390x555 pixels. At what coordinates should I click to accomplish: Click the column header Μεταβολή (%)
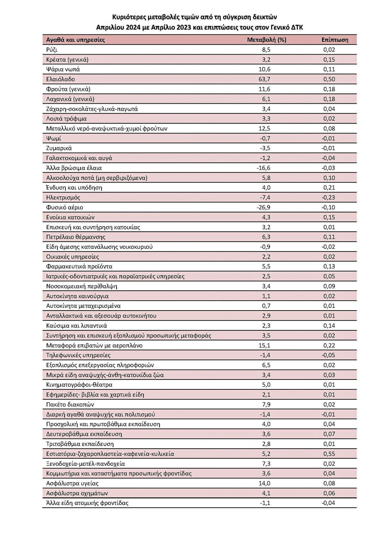click(x=266, y=40)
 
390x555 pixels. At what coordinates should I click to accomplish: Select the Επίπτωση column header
click(x=335, y=40)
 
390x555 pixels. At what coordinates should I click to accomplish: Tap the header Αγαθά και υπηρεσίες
click(x=75, y=40)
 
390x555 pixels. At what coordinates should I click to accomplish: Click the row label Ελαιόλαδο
click(x=61, y=79)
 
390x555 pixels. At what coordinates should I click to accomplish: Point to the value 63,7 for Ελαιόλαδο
click(x=264, y=79)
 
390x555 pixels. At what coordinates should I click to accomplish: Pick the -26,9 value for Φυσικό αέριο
click(x=263, y=207)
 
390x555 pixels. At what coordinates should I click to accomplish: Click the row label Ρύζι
click(x=52, y=50)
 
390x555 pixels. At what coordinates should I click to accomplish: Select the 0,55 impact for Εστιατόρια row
click(x=329, y=454)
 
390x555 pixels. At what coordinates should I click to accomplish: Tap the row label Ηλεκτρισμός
click(x=63, y=198)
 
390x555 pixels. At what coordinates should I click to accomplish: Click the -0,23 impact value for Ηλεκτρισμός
click(x=328, y=198)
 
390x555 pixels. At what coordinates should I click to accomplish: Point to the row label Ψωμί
click(x=54, y=138)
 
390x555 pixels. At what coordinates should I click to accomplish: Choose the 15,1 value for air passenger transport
click(x=264, y=345)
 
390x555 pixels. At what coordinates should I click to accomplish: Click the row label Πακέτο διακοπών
click(x=70, y=405)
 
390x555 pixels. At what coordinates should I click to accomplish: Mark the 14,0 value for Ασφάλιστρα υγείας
click(x=264, y=483)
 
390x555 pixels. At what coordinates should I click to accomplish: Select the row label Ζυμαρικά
click(x=59, y=148)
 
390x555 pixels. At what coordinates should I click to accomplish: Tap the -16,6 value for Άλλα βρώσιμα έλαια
click(x=263, y=168)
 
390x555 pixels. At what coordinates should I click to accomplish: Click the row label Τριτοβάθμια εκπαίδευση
click(x=80, y=444)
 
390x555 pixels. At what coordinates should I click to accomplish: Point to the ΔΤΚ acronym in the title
click(x=297, y=28)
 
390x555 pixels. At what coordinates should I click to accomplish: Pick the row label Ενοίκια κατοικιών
click(x=70, y=217)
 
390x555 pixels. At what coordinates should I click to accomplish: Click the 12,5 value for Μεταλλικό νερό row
click(x=264, y=129)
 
